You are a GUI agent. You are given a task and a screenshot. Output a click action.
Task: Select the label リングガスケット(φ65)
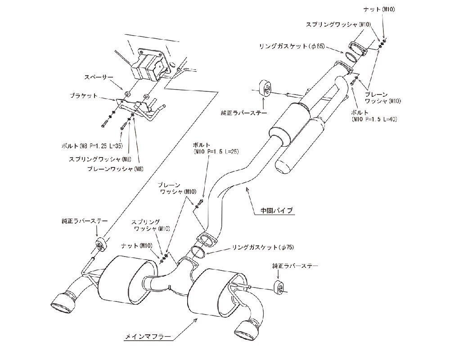[x=292, y=46]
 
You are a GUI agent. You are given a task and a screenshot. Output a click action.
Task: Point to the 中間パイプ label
[x=276, y=210]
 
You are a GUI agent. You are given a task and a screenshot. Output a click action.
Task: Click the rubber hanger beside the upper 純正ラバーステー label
[x=264, y=89]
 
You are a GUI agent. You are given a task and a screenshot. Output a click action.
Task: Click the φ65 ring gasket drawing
[x=352, y=58]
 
